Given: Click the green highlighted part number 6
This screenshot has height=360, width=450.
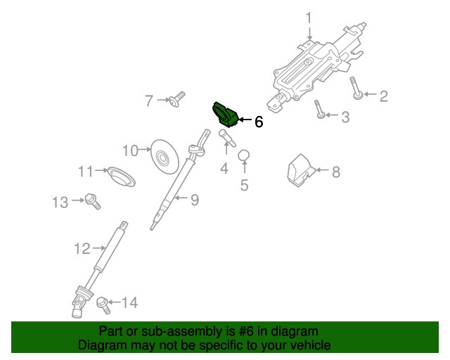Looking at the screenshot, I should pyautogui.click(x=225, y=113).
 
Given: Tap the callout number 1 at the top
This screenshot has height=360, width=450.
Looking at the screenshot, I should pyautogui.click(x=308, y=17).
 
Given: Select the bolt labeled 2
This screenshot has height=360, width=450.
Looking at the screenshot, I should pyautogui.click(x=356, y=89).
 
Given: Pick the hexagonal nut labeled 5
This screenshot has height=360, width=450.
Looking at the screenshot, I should pyautogui.click(x=244, y=155).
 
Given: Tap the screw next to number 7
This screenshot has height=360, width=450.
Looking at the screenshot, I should pyautogui.click(x=176, y=98).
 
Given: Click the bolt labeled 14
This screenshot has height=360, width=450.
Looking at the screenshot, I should pyautogui.click(x=104, y=304).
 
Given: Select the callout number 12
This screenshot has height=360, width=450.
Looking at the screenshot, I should pyautogui.click(x=82, y=248).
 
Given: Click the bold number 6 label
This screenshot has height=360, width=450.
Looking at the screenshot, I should pyautogui.click(x=258, y=122).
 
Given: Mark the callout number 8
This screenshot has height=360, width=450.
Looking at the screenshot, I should pyautogui.click(x=335, y=171).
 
